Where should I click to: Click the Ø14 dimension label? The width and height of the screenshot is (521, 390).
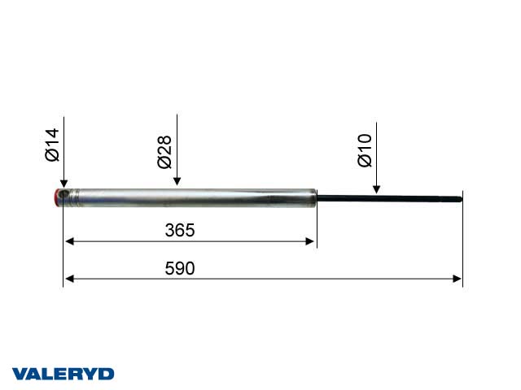click(52, 145)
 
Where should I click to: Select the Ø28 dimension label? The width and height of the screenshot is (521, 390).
click(164, 152)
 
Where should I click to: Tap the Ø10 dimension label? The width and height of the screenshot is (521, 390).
click(365, 150)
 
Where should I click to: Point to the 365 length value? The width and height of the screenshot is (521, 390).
click(180, 230)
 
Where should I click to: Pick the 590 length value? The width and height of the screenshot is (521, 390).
click(180, 268)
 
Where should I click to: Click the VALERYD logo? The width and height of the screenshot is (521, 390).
click(63, 374)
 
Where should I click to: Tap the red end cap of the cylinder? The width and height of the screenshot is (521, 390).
click(57, 198)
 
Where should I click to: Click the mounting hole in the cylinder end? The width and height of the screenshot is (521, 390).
click(63, 194)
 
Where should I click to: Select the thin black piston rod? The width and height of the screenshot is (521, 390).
click(389, 198)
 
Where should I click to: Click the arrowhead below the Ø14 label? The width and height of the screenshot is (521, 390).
click(63, 184)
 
